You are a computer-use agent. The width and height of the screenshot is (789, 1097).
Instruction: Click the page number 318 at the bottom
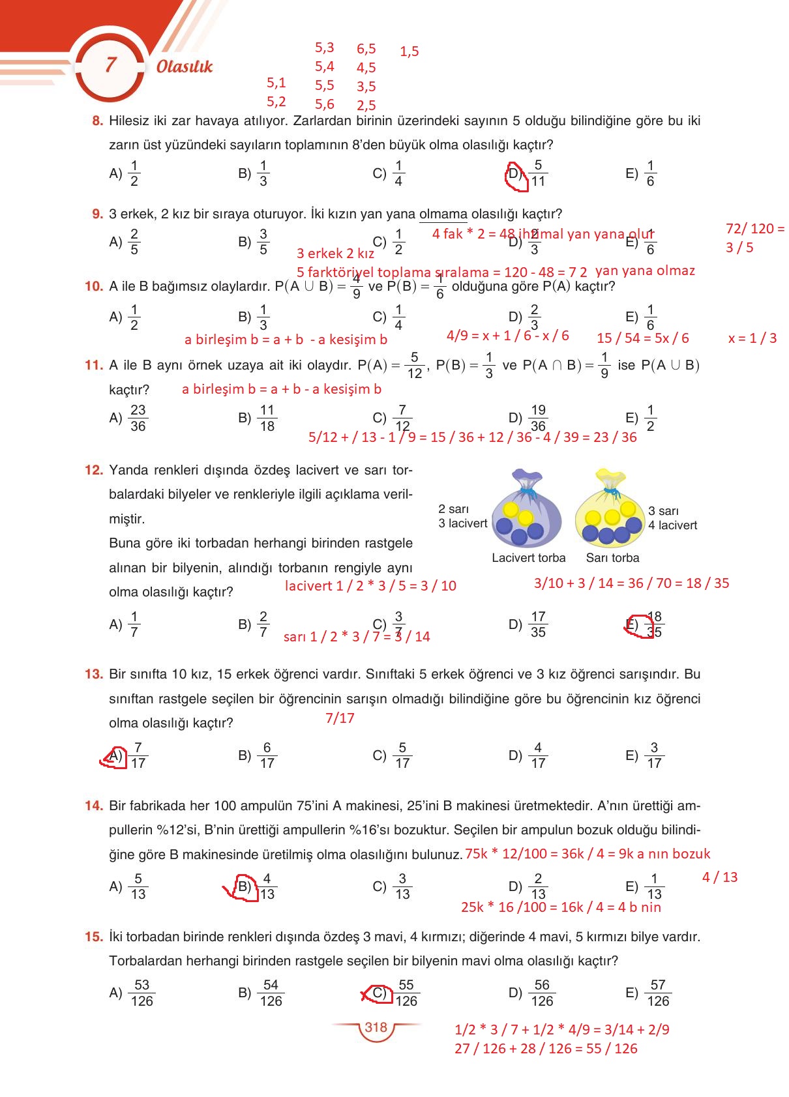pos(376,1027)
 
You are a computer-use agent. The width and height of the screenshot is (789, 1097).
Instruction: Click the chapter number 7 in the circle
pos(110,65)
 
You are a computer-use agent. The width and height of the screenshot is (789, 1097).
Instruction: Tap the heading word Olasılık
pos(185,66)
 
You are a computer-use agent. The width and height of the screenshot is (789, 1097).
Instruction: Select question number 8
pos(98,121)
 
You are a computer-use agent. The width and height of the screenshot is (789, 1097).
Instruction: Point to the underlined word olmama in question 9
pos(443,214)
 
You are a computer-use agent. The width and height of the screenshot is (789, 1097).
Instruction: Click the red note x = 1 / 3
pos(752,338)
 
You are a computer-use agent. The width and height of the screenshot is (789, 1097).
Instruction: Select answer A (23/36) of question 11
pos(129,418)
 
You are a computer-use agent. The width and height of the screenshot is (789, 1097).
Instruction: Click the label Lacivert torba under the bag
pos(528,558)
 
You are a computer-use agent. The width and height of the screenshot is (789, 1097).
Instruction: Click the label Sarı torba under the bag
pos(612,558)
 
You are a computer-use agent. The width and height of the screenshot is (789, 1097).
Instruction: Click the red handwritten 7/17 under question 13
pos(340,718)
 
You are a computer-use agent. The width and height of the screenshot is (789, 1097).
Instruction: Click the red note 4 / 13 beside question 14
pos(719,877)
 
